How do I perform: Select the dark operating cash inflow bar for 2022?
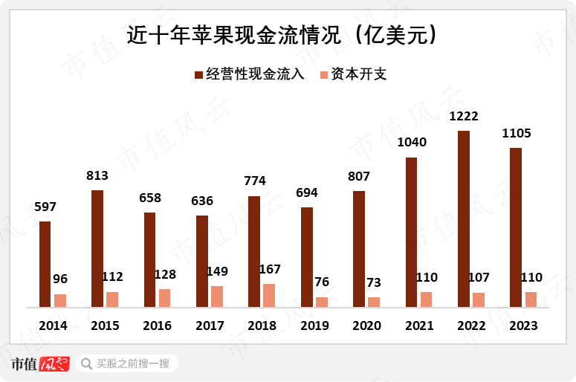tap(464, 218)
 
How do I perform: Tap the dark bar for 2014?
tap(45, 264)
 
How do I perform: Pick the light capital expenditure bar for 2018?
tap(269, 295)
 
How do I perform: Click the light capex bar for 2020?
tap(374, 302)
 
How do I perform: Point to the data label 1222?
tap(464, 117)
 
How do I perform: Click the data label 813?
tap(97, 176)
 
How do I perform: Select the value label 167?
tap(268, 270)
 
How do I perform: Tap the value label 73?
tap(374, 283)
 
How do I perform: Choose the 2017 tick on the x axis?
tap(210, 326)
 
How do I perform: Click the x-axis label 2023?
tap(523, 326)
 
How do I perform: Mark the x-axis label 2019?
tap(314, 326)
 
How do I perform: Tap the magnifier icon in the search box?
tap(87, 364)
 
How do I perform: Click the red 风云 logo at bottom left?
tap(54, 364)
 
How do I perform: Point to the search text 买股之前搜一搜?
tap(135, 364)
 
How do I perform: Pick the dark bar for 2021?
tap(411, 232)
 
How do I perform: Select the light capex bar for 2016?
tap(164, 297)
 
